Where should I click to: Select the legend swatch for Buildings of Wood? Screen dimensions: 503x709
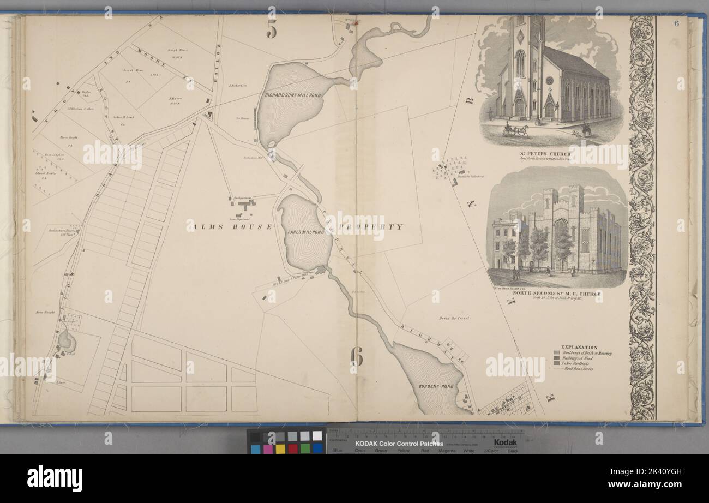pos(557,358)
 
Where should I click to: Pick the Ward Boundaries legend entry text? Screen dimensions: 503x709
pos(580,369)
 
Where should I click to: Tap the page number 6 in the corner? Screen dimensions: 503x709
pos(676,23)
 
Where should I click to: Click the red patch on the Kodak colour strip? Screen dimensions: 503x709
pos(293,448)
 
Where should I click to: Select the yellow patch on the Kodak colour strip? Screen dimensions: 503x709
pos(280,448)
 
